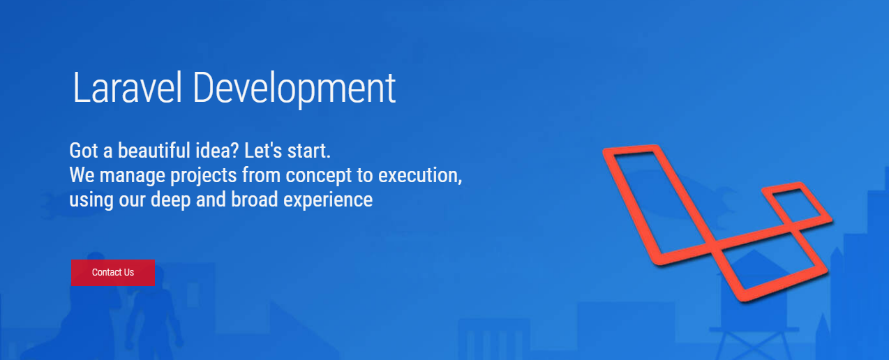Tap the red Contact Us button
tap(112, 272)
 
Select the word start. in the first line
tap(308, 151)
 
